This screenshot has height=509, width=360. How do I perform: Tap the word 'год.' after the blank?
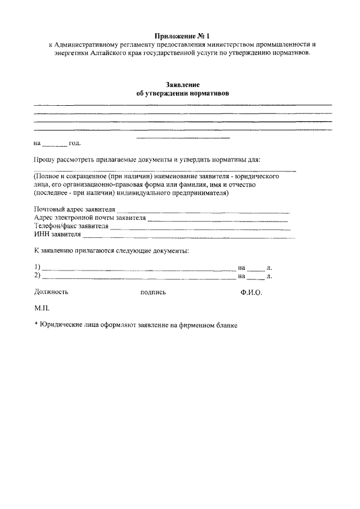point(75,143)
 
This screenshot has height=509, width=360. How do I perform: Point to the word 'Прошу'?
point(44,160)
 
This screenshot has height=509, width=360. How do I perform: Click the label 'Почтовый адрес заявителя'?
point(70,210)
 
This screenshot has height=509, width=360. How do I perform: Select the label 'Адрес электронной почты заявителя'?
point(89,218)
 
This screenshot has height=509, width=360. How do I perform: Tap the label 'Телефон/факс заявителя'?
point(71,226)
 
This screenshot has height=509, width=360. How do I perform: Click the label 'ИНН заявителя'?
point(57,235)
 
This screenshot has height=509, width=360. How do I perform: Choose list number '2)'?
point(37,276)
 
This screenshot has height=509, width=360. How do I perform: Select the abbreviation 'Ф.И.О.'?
point(251,292)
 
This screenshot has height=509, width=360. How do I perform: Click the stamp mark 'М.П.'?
point(42,309)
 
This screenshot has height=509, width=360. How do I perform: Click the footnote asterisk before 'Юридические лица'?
point(35,325)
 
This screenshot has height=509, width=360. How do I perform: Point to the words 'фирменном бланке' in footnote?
point(210,325)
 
